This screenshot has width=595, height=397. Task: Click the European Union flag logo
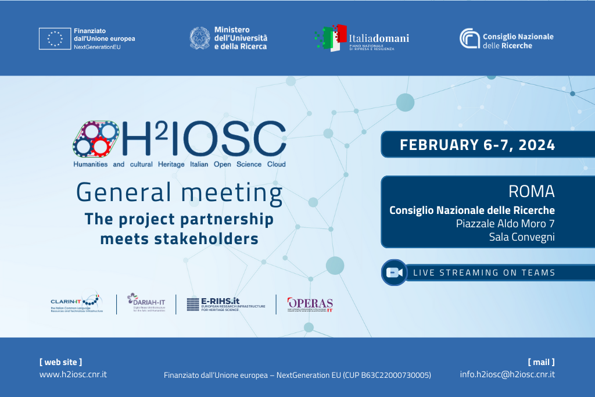(55, 38)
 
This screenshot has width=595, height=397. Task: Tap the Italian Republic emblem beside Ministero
(200, 38)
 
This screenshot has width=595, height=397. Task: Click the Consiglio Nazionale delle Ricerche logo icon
(469, 38)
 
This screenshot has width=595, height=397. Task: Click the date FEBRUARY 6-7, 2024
(477, 145)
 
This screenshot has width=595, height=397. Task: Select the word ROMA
(531, 191)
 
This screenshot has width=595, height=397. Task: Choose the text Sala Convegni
(522, 237)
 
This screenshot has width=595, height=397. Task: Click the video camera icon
(395, 273)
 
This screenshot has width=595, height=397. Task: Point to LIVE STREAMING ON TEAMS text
(484, 273)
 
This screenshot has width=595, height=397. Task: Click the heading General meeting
(179, 192)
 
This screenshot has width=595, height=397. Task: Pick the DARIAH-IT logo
(146, 302)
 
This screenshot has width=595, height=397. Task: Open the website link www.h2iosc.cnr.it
(73, 374)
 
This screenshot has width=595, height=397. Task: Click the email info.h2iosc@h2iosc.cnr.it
(507, 374)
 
